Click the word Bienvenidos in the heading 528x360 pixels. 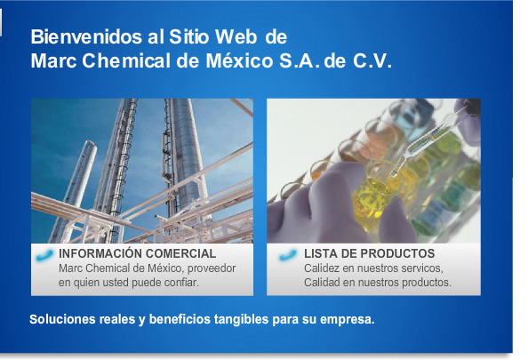(86, 36)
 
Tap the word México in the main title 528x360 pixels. (239, 61)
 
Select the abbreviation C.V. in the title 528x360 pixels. (372, 61)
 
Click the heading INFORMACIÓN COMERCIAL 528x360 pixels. (138, 253)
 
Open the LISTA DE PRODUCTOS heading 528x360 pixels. (370, 253)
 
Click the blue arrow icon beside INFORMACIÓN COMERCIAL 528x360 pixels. (44, 255)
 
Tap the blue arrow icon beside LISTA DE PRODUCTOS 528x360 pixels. (288, 255)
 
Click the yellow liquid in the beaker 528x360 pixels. (373, 200)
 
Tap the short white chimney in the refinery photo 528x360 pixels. (78, 182)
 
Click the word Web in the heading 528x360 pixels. (236, 36)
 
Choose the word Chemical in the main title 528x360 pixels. (126, 61)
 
